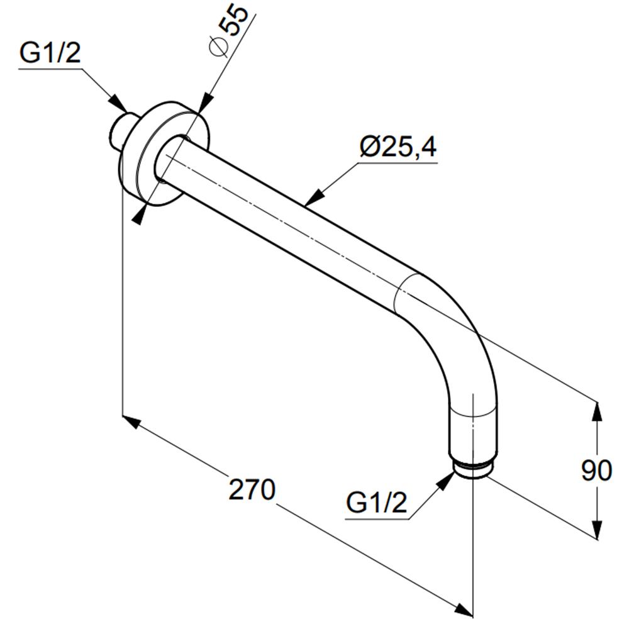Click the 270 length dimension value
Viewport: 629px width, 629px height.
252,489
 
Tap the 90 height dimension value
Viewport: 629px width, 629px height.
596,470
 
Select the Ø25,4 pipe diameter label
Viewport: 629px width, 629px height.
398,147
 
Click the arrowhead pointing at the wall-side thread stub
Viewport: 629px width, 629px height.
118,103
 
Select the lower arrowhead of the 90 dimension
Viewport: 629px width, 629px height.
598,530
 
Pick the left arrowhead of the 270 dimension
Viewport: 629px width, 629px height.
131,423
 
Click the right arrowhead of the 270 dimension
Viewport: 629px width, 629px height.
464,608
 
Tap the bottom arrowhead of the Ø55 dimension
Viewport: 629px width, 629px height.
139,214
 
